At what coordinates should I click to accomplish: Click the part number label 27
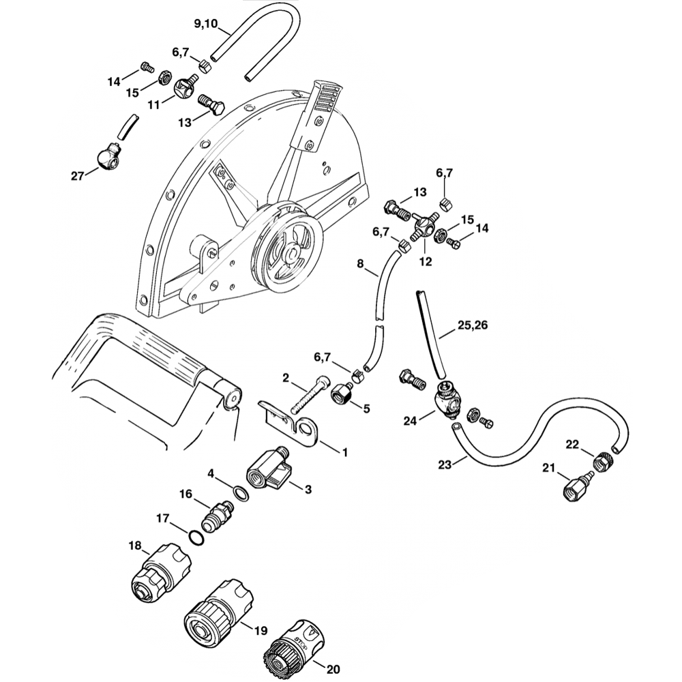pos(77,176)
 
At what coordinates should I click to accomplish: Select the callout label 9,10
pos(205,25)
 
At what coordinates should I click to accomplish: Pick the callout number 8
pos(361,263)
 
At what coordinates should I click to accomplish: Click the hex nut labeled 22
pos(604,462)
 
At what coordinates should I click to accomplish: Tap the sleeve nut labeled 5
pos(340,394)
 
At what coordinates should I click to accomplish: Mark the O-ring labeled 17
pos(196,538)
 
